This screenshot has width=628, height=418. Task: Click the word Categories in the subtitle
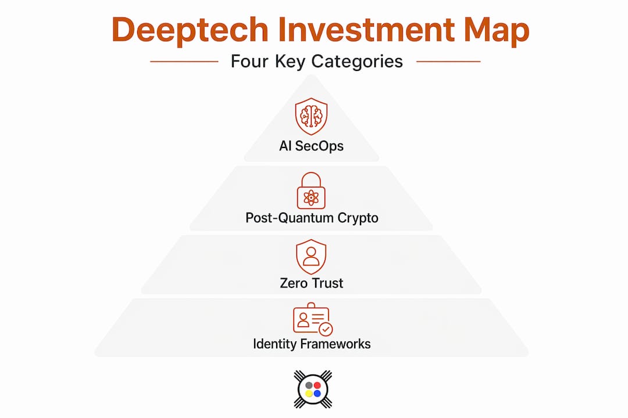pos(357,62)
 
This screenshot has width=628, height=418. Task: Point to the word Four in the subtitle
pos(249,61)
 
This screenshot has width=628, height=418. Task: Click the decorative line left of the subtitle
pos(184,62)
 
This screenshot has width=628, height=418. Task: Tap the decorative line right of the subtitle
pos(448,62)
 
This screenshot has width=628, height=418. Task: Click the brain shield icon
pos(311,116)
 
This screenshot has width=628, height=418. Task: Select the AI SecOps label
pos(311,146)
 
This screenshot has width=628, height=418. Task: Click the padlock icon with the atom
pos(311,191)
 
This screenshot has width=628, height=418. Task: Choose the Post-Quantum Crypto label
pos(312,218)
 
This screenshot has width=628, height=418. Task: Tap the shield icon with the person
pos(311,257)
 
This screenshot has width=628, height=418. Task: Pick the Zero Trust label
pos(311,283)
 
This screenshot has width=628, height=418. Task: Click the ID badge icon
pos(312,319)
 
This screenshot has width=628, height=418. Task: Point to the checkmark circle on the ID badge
pos(326,329)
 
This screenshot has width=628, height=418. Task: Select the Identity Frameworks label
pos(312,344)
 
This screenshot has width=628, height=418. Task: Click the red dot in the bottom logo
pos(317,385)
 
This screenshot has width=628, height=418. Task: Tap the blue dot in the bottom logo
pos(317,394)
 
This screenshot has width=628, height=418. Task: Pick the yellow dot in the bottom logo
pos(309,394)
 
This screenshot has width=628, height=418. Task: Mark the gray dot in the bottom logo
pos(309,385)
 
